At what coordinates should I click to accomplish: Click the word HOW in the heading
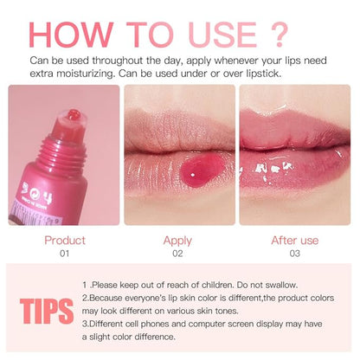(x=71, y=35)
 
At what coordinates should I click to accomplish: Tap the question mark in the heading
(x=280, y=35)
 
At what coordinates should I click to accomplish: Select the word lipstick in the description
(x=264, y=74)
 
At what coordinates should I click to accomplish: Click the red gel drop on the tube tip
(x=74, y=114)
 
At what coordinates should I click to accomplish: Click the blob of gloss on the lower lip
(x=202, y=170)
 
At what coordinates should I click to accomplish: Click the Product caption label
(x=65, y=241)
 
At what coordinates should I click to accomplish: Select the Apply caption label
(x=177, y=241)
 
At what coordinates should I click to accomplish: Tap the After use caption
(x=295, y=241)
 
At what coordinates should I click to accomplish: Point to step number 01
(x=64, y=254)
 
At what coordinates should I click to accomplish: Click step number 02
(x=177, y=254)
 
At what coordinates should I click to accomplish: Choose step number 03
(x=295, y=254)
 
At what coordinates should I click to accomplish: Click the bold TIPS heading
(x=47, y=312)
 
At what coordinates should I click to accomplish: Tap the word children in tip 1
(x=217, y=285)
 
